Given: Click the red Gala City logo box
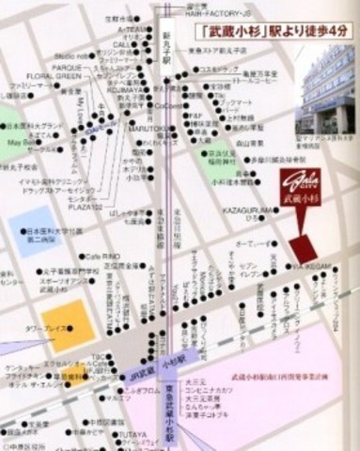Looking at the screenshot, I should pos(300,190).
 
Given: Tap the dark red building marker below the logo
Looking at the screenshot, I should pos(304,249).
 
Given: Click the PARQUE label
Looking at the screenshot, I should pos(67,68).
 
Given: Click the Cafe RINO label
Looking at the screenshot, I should pos(103,256).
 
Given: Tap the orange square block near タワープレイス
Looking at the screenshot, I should pos(67,326).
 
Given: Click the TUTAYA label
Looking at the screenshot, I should pos(131,435).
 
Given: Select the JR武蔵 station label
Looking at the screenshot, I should pos(137,373).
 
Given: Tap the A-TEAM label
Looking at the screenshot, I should pos(131,29).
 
